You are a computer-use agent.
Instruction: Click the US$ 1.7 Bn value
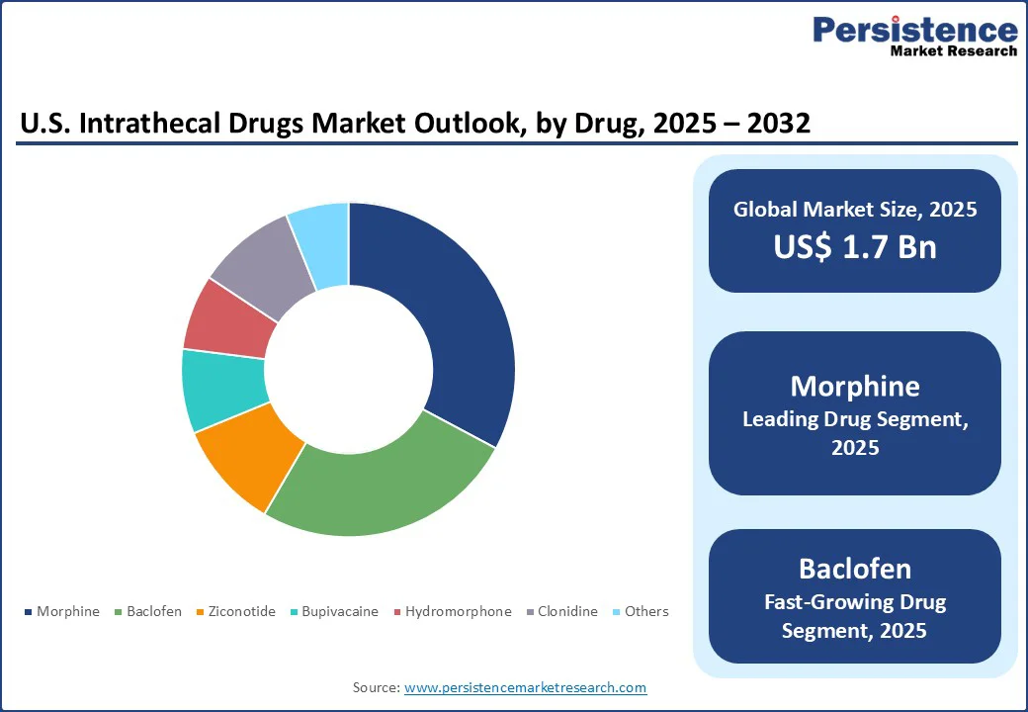pos(855,246)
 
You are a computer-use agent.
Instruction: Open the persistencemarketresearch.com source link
pos(525,687)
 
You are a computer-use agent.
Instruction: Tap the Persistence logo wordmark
pos(914,30)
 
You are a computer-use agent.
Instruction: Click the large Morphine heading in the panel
pos(855,386)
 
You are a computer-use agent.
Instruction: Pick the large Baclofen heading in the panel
pos(855,569)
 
